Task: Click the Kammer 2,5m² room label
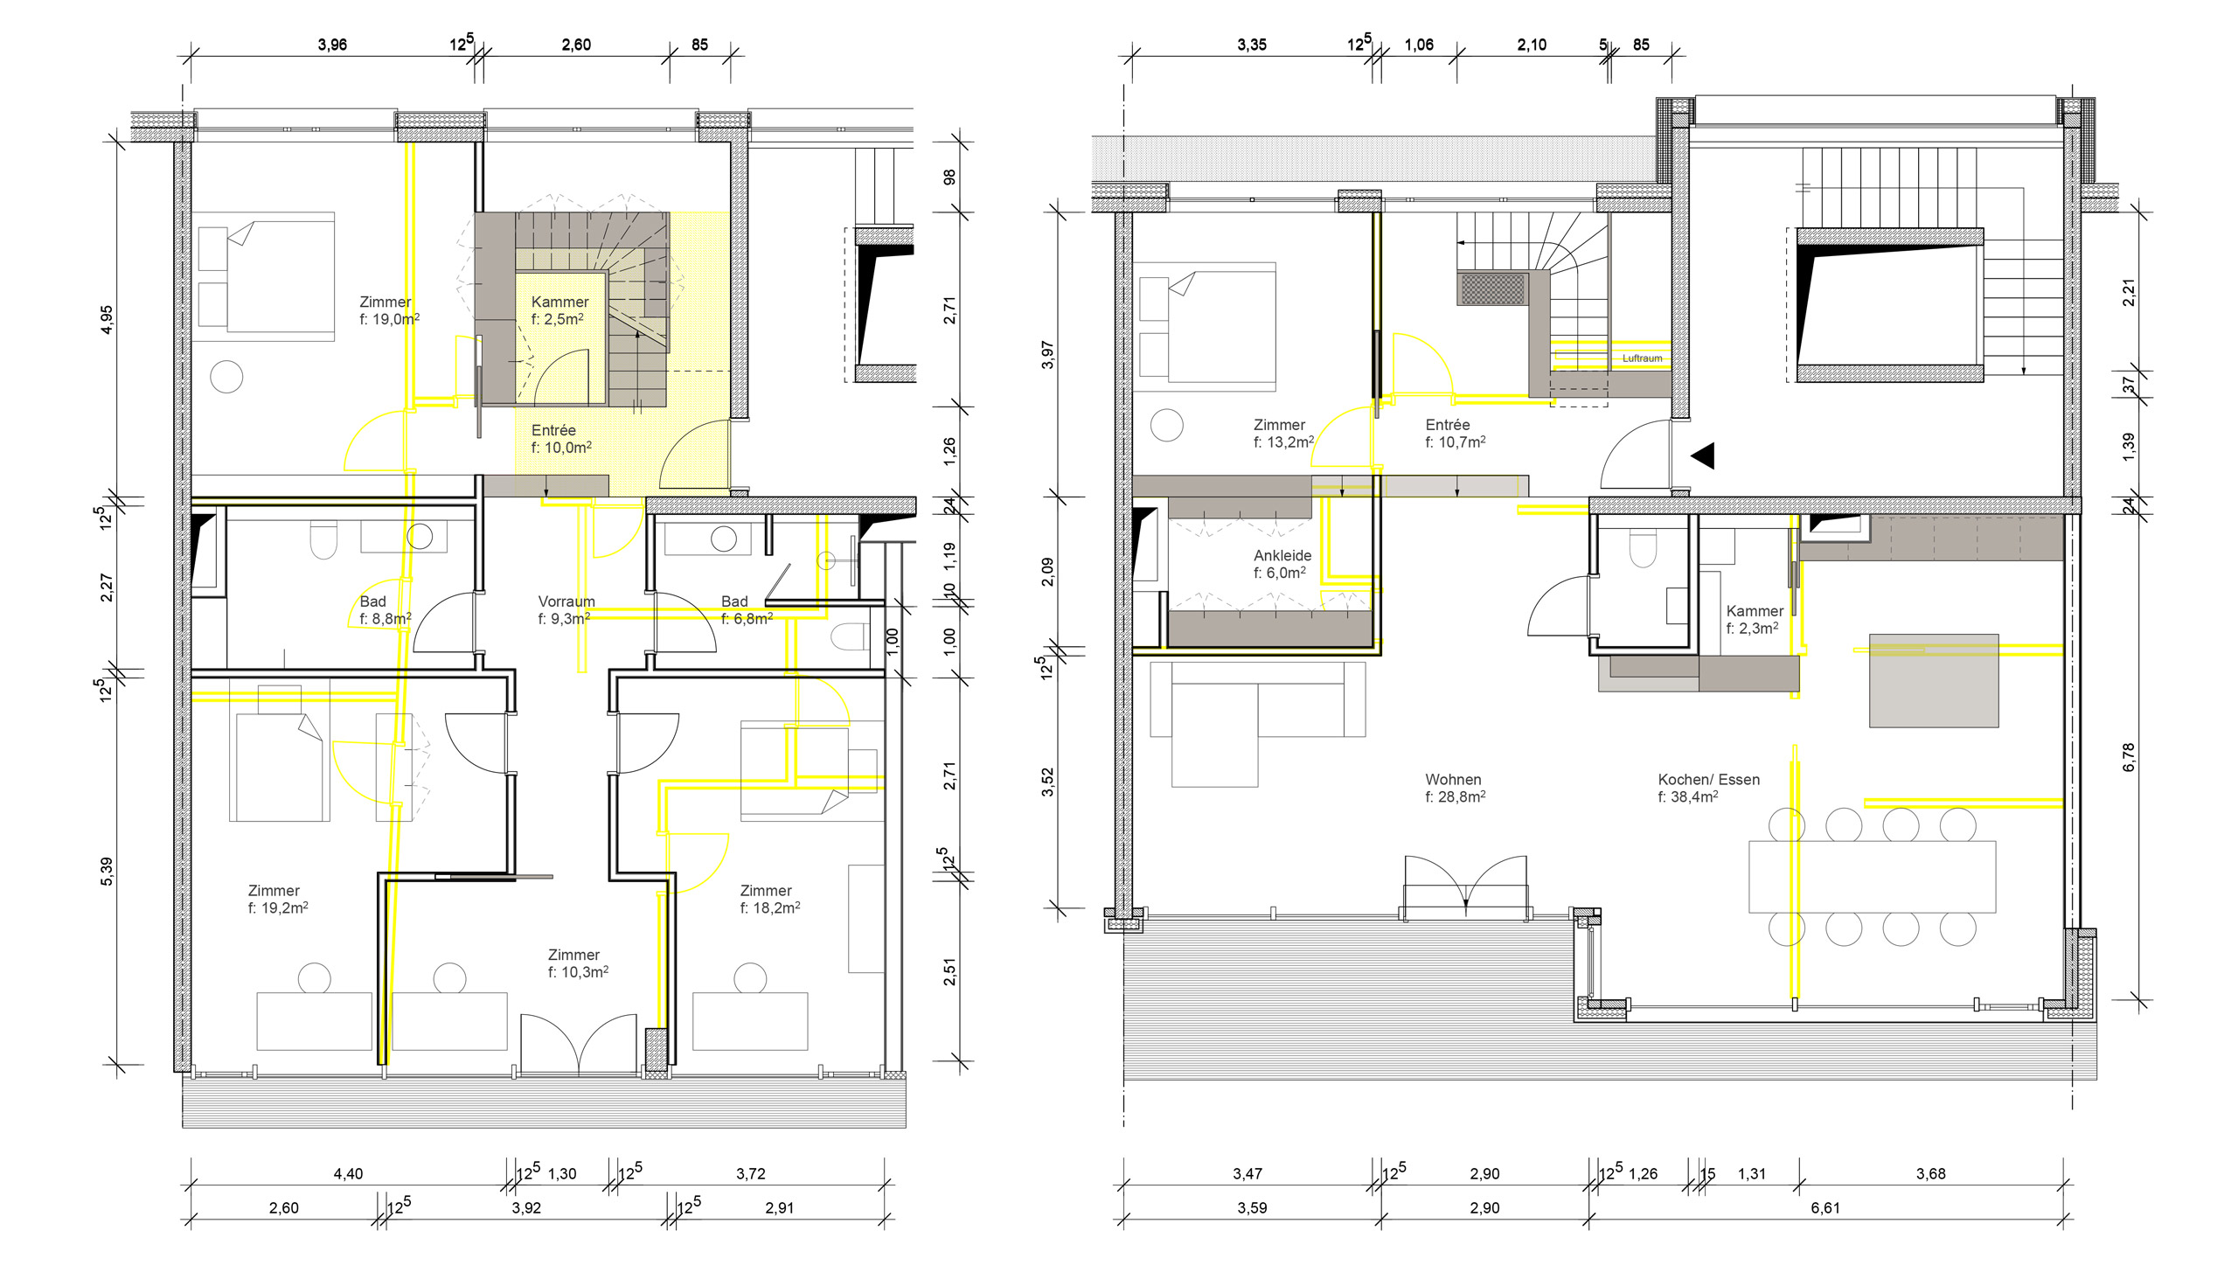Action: (x=559, y=310)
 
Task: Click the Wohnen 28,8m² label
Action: (x=1456, y=788)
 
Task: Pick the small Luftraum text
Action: (x=1642, y=358)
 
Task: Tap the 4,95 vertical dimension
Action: (x=107, y=320)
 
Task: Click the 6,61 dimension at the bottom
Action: (x=1824, y=1208)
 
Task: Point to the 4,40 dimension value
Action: (x=348, y=1173)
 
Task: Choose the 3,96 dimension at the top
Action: (x=332, y=45)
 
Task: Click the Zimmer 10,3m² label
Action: (x=578, y=963)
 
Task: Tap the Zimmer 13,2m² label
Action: (x=1283, y=434)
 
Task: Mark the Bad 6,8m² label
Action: (x=747, y=609)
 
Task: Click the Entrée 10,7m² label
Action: (x=1455, y=434)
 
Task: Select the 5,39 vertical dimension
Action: (x=107, y=872)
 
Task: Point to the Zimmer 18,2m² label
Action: (x=769, y=900)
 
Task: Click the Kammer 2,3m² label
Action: (x=1754, y=619)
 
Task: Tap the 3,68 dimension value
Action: (x=1929, y=1173)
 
